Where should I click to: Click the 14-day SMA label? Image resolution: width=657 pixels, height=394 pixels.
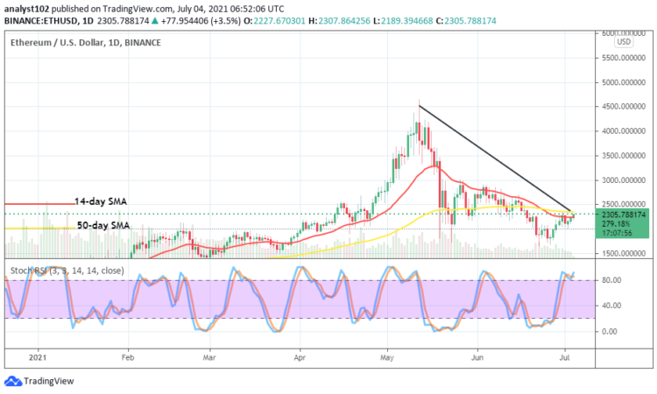100,201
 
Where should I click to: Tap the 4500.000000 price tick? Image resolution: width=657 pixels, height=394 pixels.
619,107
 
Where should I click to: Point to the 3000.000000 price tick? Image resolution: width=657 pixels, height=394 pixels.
619,180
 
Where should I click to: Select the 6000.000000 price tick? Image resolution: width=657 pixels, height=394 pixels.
619,33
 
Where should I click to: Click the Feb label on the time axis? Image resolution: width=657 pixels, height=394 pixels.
127,357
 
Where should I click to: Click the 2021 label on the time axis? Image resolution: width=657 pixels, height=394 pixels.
36,357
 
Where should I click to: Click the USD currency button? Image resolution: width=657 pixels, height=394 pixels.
624,41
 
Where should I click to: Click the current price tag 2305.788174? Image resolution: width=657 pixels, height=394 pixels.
623,214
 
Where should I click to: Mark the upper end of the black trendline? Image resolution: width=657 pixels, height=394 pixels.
419,106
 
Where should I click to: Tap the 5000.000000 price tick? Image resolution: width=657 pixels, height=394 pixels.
619,82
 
